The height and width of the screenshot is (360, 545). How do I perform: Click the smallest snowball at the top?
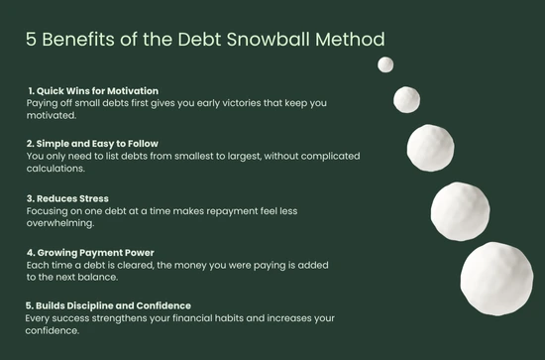pos(385,64)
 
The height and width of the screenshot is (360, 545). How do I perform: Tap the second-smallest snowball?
pos(407,99)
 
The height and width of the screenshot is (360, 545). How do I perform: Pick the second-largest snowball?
pos(461,209)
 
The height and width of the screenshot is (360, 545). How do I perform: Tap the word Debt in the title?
pos(214,39)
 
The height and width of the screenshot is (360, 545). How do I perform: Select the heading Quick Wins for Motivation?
pos(93,91)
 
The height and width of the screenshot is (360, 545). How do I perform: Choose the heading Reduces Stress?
pos(68,197)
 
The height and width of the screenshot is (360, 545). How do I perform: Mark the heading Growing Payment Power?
pos(90,252)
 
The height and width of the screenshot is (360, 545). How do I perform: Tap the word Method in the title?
pos(359,39)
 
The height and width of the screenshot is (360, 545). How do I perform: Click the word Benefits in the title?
pos(80,39)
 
